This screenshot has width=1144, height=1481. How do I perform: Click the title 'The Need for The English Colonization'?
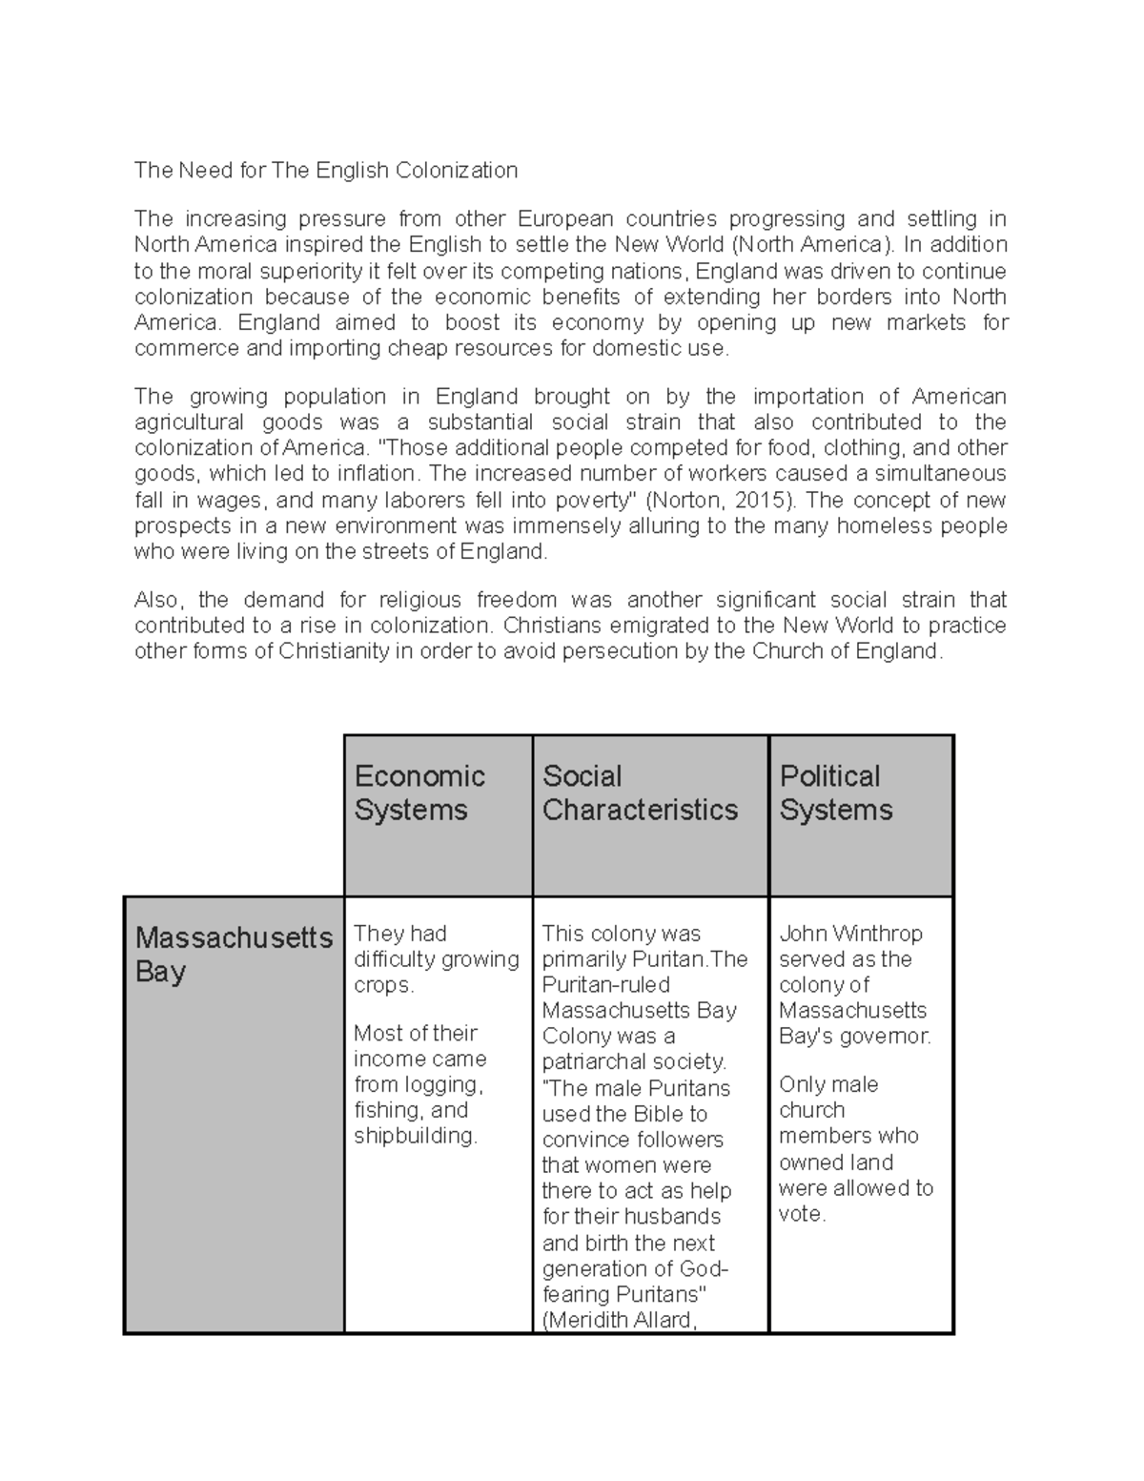coord(326,171)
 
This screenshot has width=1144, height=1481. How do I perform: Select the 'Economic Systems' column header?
coord(419,792)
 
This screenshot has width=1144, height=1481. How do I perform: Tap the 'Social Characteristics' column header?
coord(640,792)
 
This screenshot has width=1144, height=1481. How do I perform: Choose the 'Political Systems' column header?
coord(836,792)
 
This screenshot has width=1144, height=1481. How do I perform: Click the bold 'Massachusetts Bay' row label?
coord(234,954)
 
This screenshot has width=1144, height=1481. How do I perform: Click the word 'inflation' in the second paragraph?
coord(378,474)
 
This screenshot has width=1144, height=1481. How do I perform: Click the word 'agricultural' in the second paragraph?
coord(189,422)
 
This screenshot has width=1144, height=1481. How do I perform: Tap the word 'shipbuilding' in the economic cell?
coord(413,1136)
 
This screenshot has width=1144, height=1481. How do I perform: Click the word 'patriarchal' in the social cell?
coord(597,1061)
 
